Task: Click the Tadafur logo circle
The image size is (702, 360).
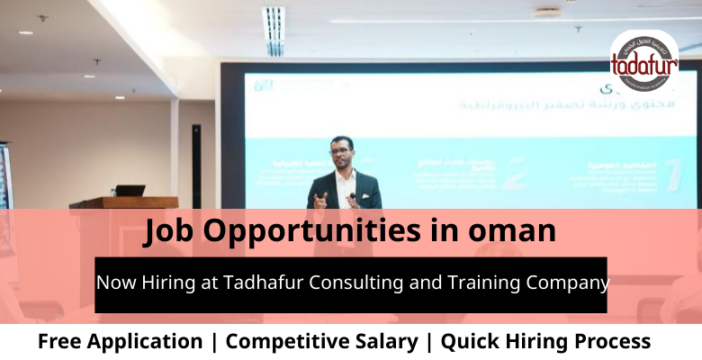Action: click(x=644, y=60)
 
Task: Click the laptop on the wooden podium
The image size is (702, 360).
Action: click(x=130, y=191)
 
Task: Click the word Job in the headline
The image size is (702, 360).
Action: click(x=171, y=231)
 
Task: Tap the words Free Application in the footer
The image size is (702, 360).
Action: click(x=120, y=342)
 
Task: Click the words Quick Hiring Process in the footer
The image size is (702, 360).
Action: click(x=545, y=342)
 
